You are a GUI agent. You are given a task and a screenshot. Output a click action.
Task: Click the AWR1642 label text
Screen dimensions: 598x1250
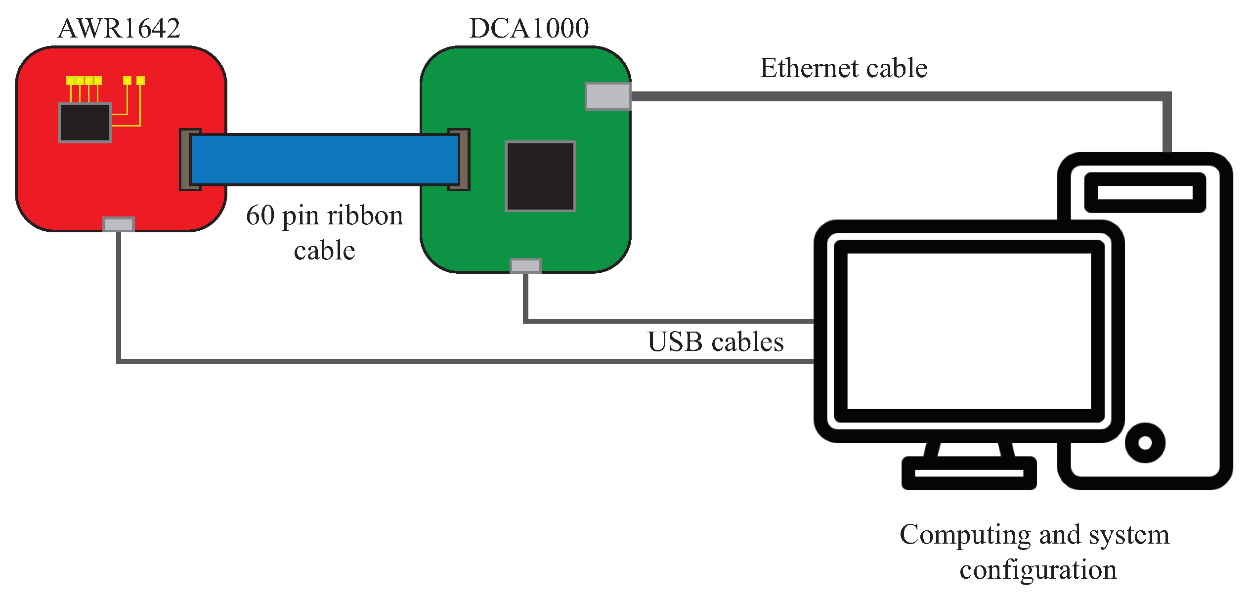tap(119, 28)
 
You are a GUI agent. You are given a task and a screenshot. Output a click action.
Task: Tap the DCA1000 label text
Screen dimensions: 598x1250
tap(529, 28)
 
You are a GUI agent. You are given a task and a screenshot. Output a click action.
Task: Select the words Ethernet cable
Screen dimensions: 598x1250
tap(843, 68)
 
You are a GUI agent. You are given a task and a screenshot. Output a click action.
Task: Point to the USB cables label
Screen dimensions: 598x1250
tap(715, 342)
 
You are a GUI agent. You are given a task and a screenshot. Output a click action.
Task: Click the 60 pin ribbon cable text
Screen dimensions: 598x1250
tap(324, 232)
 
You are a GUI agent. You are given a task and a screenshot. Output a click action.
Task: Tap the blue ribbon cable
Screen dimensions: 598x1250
tap(324, 160)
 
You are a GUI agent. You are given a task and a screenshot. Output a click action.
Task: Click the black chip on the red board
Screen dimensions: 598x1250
tap(85, 123)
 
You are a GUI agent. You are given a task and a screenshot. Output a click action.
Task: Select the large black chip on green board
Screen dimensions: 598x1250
tap(540, 176)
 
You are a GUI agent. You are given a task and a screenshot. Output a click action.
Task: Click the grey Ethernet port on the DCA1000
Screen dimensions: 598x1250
tap(607, 96)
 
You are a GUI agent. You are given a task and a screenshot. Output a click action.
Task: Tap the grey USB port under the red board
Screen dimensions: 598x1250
tap(119, 224)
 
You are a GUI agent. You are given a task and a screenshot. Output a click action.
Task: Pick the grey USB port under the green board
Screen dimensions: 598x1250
tap(525, 265)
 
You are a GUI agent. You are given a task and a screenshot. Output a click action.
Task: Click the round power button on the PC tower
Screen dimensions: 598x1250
tap(1145, 443)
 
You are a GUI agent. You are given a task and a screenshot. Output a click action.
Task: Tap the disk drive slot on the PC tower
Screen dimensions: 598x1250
tap(1145, 192)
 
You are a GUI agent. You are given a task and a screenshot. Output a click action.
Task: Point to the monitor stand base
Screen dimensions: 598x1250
tap(969, 473)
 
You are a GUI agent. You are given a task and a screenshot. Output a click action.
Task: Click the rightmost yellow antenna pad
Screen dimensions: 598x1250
tap(140, 80)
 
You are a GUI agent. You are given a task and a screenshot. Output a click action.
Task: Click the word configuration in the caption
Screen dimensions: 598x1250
tap(1038, 570)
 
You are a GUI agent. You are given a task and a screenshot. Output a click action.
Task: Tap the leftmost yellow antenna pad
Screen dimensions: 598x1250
tap(70, 80)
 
